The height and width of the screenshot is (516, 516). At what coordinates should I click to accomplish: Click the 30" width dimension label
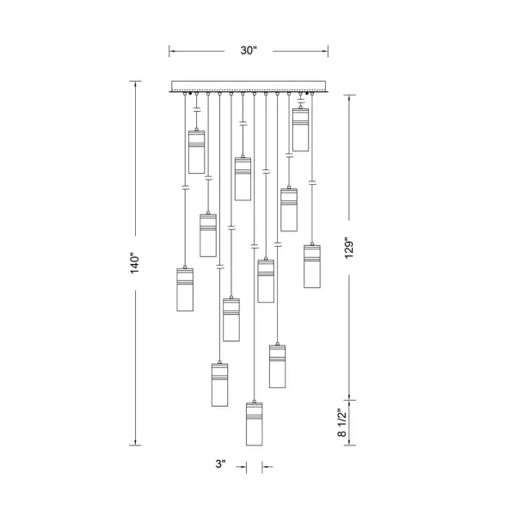point(249,51)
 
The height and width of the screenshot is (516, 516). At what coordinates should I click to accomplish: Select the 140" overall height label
point(135,263)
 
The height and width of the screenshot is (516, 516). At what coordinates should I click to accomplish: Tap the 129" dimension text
point(349,248)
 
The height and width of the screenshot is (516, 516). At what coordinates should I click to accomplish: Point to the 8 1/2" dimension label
point(342,423)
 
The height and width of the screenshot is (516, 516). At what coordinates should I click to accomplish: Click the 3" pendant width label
point(221,464)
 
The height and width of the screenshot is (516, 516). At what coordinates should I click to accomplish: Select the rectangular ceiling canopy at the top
point(249,86)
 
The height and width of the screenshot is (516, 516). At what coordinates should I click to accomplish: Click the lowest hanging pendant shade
point(255,424)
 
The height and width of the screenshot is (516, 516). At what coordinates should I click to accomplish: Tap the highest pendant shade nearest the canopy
point(300,130)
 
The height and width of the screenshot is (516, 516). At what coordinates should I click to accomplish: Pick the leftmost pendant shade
point(185,290)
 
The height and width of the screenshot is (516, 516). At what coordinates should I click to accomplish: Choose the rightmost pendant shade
point(312,267)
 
